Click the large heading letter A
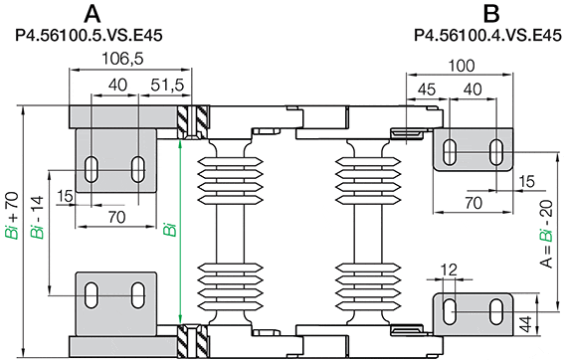(93, 14)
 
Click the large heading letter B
(489, 14)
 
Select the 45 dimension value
(428, 90)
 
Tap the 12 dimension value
(449, 270)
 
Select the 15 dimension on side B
(526, 181)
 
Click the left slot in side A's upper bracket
(92, 168)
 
